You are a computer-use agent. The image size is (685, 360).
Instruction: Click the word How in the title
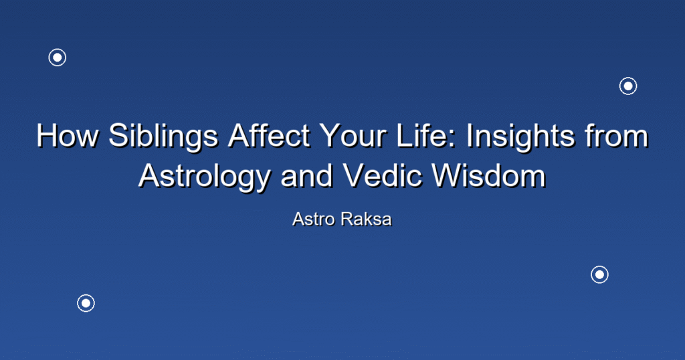pos(68,135)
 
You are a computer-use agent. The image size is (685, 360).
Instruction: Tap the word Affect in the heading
pos(269,135)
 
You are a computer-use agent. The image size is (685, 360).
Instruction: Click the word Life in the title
pos(423,135)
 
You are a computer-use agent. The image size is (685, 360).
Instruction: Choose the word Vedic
pos(383,175)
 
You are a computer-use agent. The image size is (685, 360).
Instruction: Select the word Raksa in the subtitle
pos(366,219)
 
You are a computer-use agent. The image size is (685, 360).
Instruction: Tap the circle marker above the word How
pos(58,58)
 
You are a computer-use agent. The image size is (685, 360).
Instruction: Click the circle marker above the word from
pos(628,86)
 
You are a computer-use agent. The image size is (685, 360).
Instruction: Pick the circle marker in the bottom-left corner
pos(86,303)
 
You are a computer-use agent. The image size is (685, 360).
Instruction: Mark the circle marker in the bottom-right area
pos(600,274)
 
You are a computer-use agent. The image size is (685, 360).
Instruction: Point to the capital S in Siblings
pos(119,135)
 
